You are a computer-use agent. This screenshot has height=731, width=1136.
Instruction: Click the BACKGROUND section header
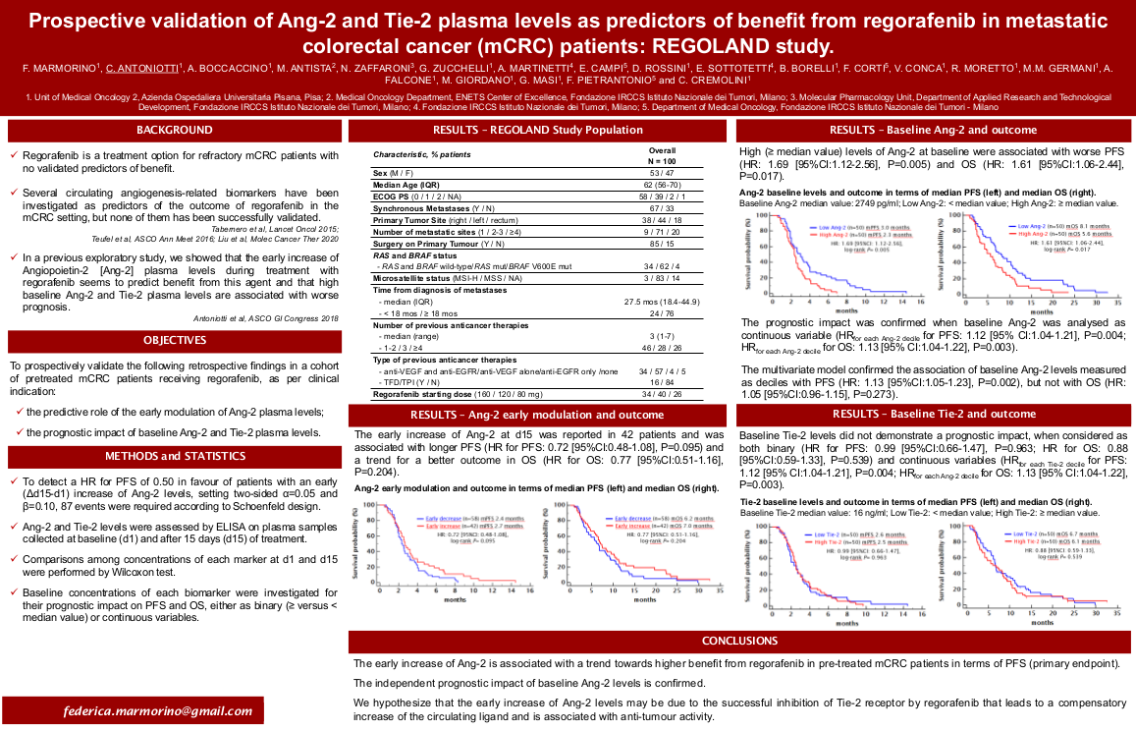coord(174,131)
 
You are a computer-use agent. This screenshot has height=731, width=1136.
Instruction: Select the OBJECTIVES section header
coord(174,341)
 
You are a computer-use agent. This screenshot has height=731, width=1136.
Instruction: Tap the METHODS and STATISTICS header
coord(174,456)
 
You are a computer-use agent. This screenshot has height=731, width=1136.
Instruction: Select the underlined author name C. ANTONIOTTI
coord(142,68)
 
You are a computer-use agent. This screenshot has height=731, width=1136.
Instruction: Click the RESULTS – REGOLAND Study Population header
coord(539,131)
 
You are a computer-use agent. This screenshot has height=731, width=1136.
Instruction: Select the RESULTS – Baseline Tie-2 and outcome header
coord(932,415)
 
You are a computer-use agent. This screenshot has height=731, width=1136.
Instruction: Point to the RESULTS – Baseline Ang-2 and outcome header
coord(932,131)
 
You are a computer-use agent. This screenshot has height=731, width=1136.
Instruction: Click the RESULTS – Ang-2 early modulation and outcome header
coord(539,415)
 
